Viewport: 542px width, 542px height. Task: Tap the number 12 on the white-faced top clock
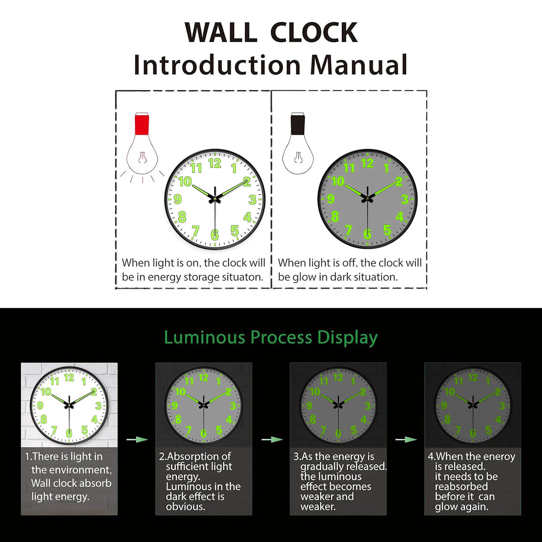pyautogui.click(x=215, y=164)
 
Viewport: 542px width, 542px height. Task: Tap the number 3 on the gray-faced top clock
pyautogui.click(x=404, y=199)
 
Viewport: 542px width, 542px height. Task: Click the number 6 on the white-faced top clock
pyautogui.click(x=215, y=235)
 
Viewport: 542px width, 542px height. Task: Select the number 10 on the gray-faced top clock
pyautogui.click(x=338, y=182)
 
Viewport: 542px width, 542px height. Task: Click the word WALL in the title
pyautogui.click(x=220, y=33)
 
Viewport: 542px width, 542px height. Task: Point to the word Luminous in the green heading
pyautogui.click(x=204, y=337)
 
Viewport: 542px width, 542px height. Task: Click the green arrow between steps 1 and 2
pyautogui.click(x=137, y=439)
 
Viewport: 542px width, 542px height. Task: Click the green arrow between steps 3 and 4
pyautogui.click(x=406, y=439)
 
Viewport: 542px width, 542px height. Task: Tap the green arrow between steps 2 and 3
pyautogui.click(x=271, y=439)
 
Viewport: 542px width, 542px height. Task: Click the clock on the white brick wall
pyautogui.click(x=69, y=404)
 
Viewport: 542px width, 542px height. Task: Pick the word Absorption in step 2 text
pyautogui.click(x=199, y=457)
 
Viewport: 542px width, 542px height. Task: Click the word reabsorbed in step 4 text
pyautogui.click(x=461, y=486)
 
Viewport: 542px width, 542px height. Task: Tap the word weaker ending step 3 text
pyautogui.click(x=318, y=507)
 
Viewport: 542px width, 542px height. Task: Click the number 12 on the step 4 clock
pyautogui.click(x=473, y=377)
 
